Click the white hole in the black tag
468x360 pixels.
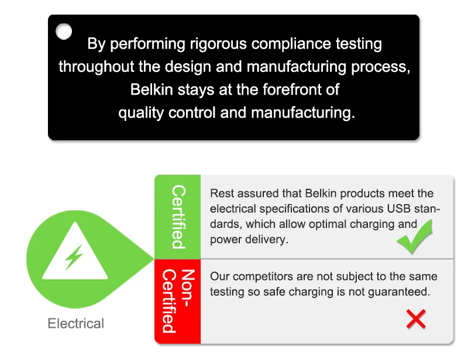click(x=64, y=32)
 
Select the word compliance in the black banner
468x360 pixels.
click(x=291, y=44)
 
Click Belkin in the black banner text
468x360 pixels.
click(x=152, y=89)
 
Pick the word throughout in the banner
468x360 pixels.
click(x=96, y=67)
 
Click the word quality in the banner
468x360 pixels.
click(x=141, y=113)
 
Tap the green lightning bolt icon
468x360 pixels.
click(x=74, y=257)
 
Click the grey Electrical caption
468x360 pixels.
click(x=76, y=324)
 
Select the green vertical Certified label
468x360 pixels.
click(x=179, y=217)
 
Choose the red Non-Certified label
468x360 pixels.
click(x=178, y=301)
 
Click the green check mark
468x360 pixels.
click(x=415, y=237)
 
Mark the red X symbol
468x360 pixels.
click(x=416, y=319)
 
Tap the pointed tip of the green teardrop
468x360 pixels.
click(x=153, y=258)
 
